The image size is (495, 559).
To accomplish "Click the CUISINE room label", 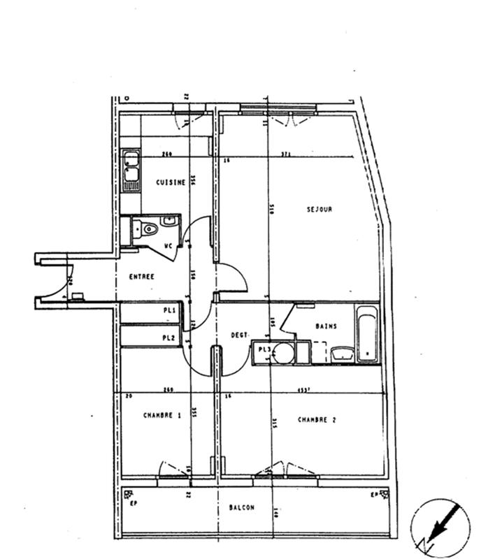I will tap(171, 182).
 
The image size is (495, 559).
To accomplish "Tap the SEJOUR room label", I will tap(319, 209).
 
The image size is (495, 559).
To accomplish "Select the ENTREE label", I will tap(142, 277).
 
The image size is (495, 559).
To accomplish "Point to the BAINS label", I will tap(326, 326).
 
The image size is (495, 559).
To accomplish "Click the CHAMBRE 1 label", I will tap(162, 415).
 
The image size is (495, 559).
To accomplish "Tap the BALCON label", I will tap(242, 508).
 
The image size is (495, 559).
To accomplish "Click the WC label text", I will tap(168, 245).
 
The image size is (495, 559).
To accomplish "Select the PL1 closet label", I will tap(168, 310).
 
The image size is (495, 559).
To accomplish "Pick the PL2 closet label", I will tap(168, 338).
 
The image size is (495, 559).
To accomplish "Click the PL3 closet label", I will tap(264, 349).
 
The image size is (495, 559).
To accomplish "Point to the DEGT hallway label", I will tap(239, 335).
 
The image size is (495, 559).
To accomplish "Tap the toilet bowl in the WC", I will tap(148, 228).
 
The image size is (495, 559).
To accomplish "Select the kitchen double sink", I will tap(131, 169).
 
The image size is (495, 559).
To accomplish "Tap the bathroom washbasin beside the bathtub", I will tap(341, 354).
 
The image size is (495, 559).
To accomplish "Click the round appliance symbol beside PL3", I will tap(282, 353).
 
